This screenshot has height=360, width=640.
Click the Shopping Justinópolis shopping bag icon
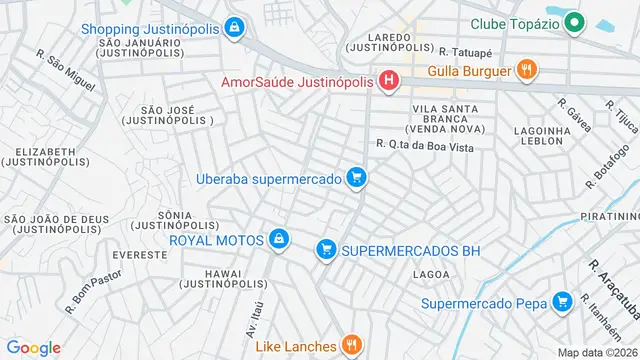234,27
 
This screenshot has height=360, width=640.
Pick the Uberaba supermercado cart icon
357,178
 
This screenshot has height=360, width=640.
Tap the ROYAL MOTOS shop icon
280,239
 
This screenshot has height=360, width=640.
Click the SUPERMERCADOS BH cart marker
325,250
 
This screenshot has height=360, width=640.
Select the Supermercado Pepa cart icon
562,301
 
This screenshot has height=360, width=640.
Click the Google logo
33,347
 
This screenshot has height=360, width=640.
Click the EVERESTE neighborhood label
140,255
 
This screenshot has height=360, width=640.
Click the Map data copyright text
598,352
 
